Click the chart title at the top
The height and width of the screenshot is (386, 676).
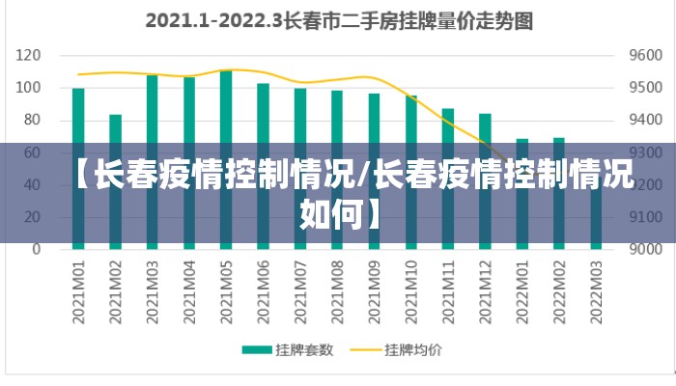[338, 20]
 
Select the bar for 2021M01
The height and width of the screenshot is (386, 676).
[78, 116]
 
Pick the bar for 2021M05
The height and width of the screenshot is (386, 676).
[226, 106]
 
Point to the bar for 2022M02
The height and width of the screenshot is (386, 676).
[559, 193]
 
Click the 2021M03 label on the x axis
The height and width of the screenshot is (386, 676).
[153, 287]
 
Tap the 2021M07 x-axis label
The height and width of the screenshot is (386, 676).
[300, 287]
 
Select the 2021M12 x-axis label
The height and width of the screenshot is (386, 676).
[485, 287]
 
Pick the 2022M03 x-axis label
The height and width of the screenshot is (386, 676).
[596, 287]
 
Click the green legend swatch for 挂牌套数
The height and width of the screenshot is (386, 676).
[256, 349]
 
